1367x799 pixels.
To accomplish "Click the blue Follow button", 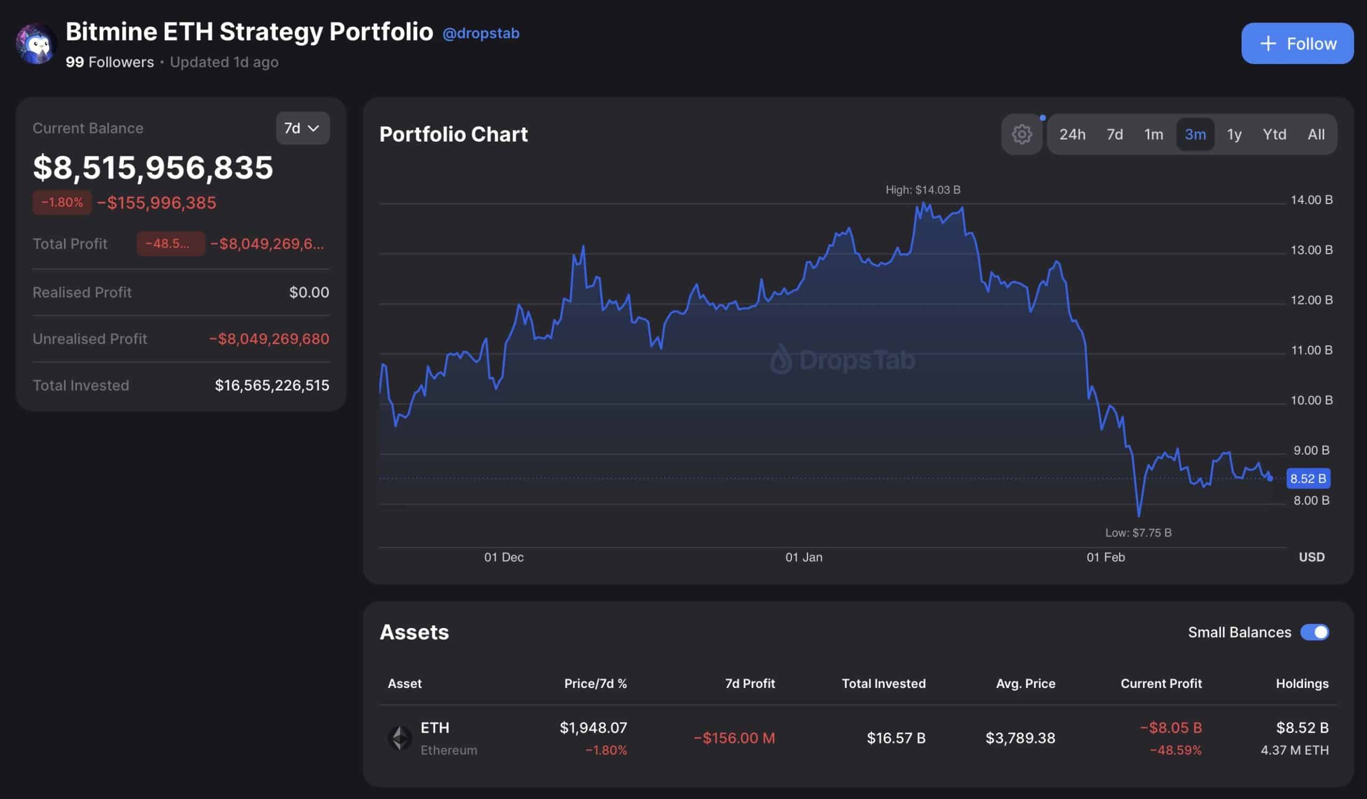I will point(1297,43).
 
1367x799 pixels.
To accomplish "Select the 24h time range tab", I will point(1072,135).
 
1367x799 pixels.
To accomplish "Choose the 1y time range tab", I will point(1234,135).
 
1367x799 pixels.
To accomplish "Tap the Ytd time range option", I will point(1274,135).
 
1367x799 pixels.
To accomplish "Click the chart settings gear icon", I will point(1022,135).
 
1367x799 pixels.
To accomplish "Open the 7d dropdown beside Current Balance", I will point(302,128).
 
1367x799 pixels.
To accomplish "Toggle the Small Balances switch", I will point(1314,632).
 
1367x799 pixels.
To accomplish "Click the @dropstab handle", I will point(481,34).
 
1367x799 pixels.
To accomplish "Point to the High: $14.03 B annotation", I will point(923,190).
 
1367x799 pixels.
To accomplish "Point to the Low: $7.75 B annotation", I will point(1138,532).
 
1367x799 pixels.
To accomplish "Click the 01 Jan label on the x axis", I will point(804,557).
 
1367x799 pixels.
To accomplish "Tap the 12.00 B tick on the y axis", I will point(1311,300).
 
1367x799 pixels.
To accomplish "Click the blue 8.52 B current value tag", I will point(1307,479).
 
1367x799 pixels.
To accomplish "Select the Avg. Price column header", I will point(1025,684).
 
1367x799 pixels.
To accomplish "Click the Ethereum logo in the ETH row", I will point(400,738).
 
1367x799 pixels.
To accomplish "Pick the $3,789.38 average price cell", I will point(1020,738).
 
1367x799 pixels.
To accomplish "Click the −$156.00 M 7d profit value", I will point(734,738).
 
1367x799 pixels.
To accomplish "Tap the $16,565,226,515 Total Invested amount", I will point(272,385).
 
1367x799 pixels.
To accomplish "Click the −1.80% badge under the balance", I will point(62,202).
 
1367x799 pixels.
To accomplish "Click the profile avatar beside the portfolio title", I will point(36,43).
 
